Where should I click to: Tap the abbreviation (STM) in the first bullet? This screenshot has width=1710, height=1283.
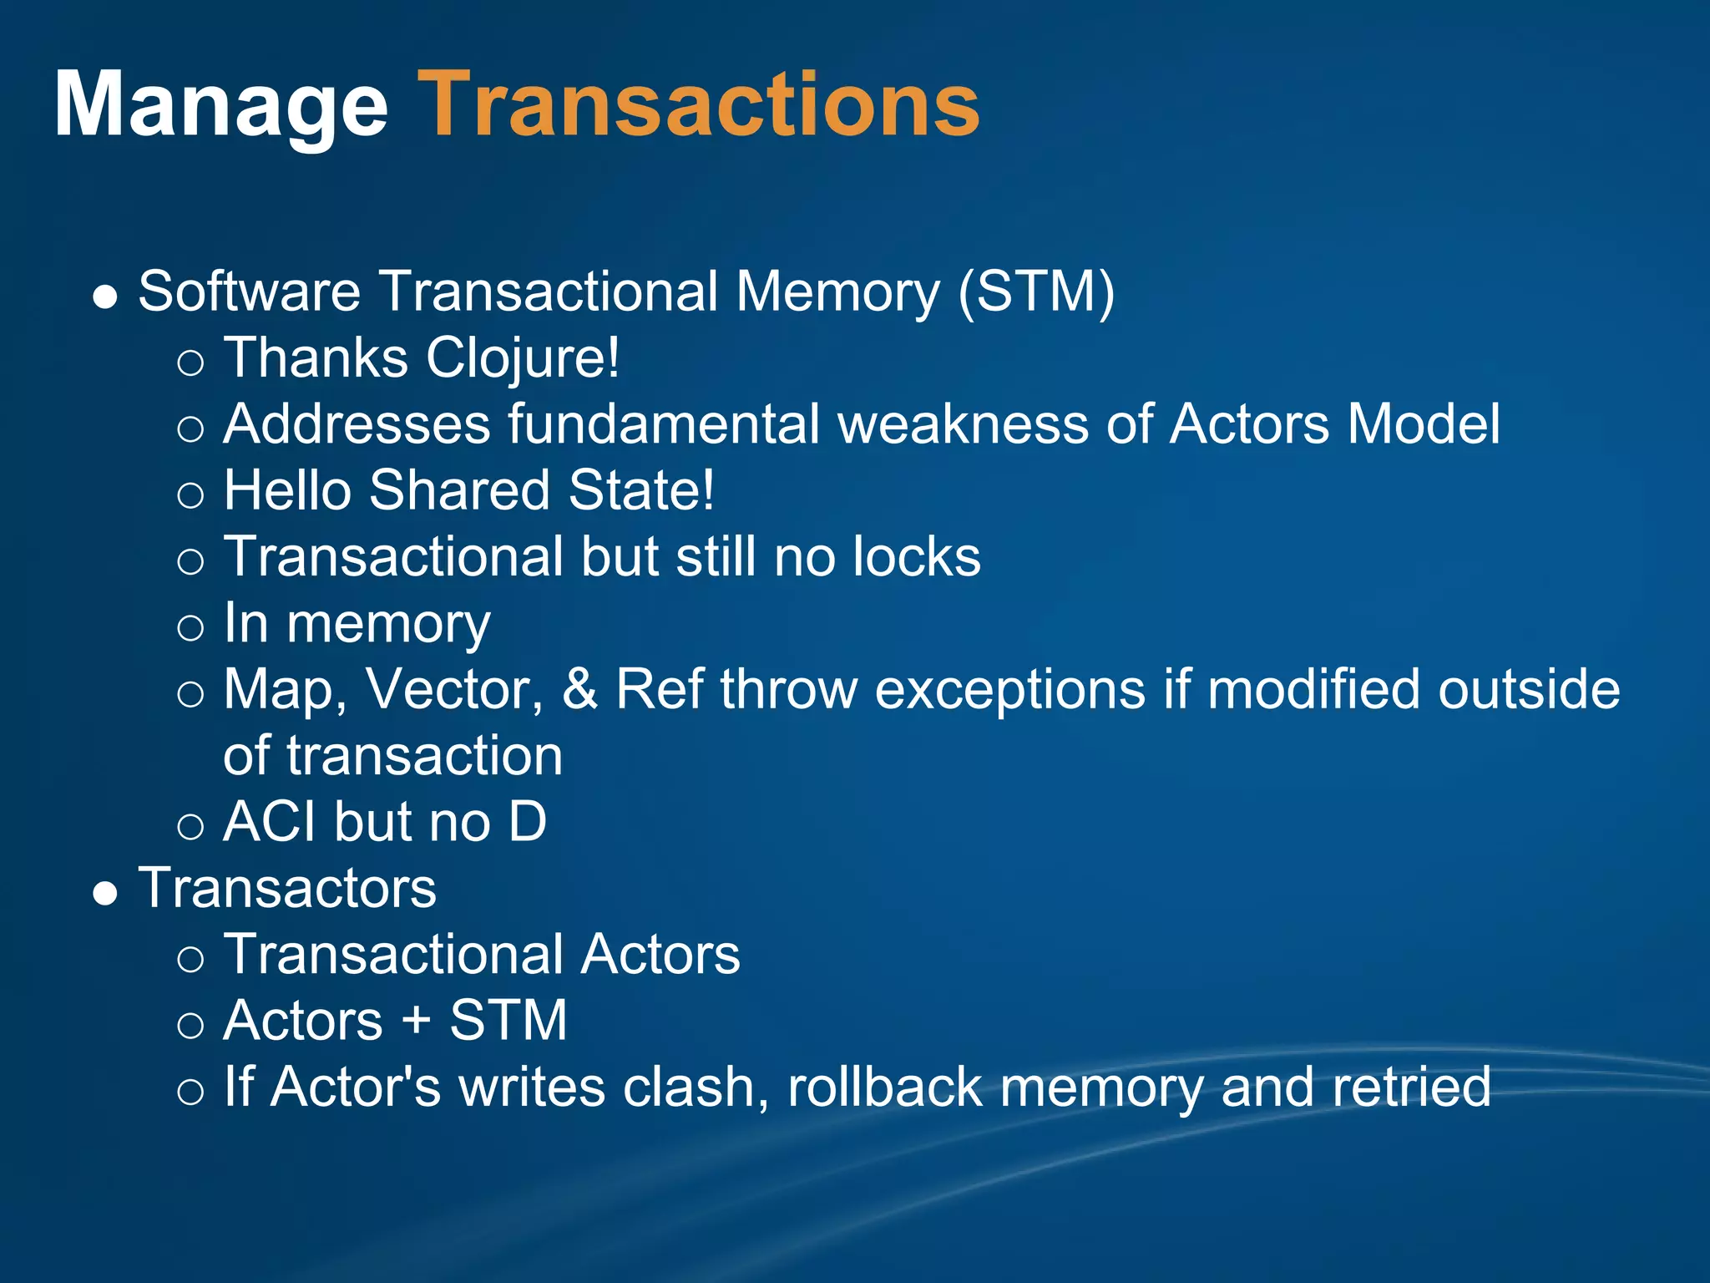[x=1036, y=292]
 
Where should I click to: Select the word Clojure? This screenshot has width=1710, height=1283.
[x=523, y=358]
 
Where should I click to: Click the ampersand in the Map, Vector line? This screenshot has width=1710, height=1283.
[x=580, y=690]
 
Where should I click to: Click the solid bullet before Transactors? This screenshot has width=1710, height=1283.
[x=105, y=895]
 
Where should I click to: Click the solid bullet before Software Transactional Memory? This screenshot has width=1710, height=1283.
[x=105, y=298]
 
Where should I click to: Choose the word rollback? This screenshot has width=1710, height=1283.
[x=884, y=1087]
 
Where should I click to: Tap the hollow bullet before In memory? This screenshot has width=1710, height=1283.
[x=190, y=628]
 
